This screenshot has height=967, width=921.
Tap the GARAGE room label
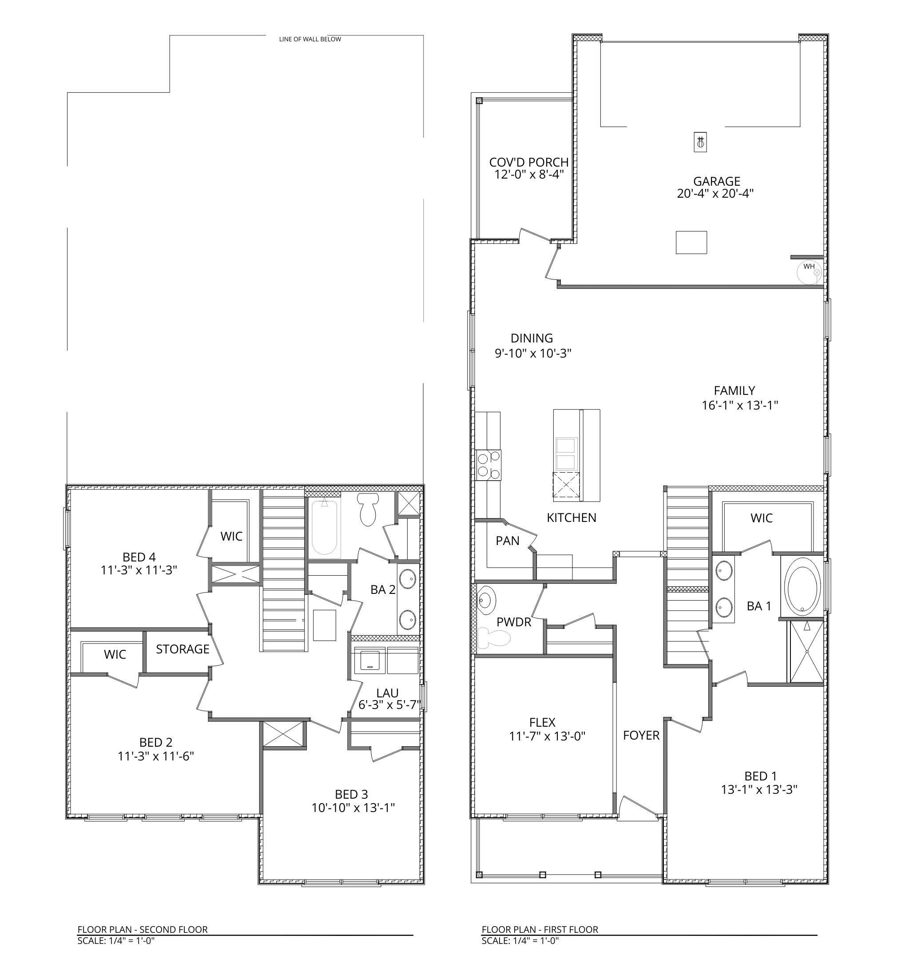716,181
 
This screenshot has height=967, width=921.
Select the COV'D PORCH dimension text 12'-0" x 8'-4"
529,175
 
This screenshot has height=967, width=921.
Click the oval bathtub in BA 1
802,587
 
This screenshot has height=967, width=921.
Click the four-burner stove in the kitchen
488,466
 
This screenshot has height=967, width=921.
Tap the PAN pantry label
507,541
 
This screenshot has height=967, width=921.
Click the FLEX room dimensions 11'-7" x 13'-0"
548,736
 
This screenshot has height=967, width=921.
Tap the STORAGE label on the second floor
183,649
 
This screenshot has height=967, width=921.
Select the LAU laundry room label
387,693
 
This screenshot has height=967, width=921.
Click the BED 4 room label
139,557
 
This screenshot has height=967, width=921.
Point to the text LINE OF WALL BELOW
310,39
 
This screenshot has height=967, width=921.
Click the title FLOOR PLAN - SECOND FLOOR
143,930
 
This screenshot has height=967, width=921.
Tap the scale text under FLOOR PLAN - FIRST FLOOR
520,940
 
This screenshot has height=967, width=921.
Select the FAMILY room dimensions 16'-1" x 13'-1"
740,405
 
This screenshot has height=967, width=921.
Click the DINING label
532,338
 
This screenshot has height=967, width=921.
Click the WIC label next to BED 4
231,536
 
